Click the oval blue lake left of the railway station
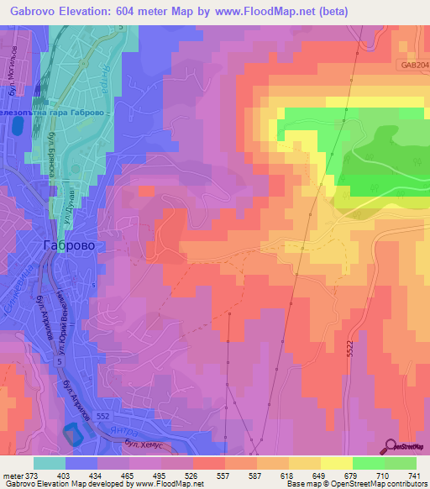point(18,125)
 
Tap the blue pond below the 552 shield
point(72,434)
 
